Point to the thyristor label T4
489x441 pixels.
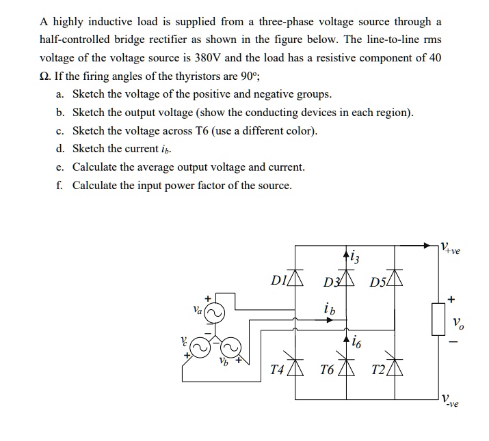pos(276,370)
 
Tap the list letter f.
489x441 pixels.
pos(60,185)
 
